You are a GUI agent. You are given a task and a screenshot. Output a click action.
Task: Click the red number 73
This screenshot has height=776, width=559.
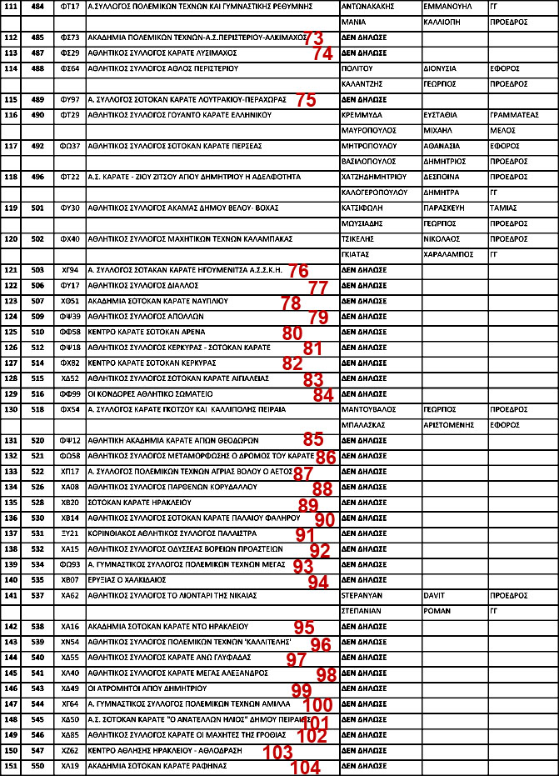pos(315,38)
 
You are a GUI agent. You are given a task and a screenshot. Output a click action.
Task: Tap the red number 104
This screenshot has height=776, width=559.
pos(307,768)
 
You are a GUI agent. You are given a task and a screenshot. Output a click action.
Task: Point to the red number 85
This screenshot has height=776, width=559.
pos(313,438)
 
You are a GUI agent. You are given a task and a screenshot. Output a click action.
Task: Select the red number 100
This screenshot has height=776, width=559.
pos(317,705)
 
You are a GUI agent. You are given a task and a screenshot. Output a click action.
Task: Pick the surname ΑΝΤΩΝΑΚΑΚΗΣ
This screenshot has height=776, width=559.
pos(369,6)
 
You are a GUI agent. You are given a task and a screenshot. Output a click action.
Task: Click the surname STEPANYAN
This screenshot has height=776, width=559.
pos(362,596)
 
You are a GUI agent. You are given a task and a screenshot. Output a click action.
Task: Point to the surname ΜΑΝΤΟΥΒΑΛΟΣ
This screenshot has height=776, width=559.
pos(369,410)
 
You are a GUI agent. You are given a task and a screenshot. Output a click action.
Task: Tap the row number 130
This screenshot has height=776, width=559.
pos(11,410)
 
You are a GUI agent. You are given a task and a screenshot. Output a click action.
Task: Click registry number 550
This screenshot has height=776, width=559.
pos(37,765)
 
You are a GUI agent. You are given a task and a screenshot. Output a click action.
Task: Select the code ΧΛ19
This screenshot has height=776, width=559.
pos(70,765)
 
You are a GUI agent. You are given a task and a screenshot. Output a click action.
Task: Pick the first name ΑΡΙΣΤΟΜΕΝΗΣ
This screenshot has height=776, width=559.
pos(450,424)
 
